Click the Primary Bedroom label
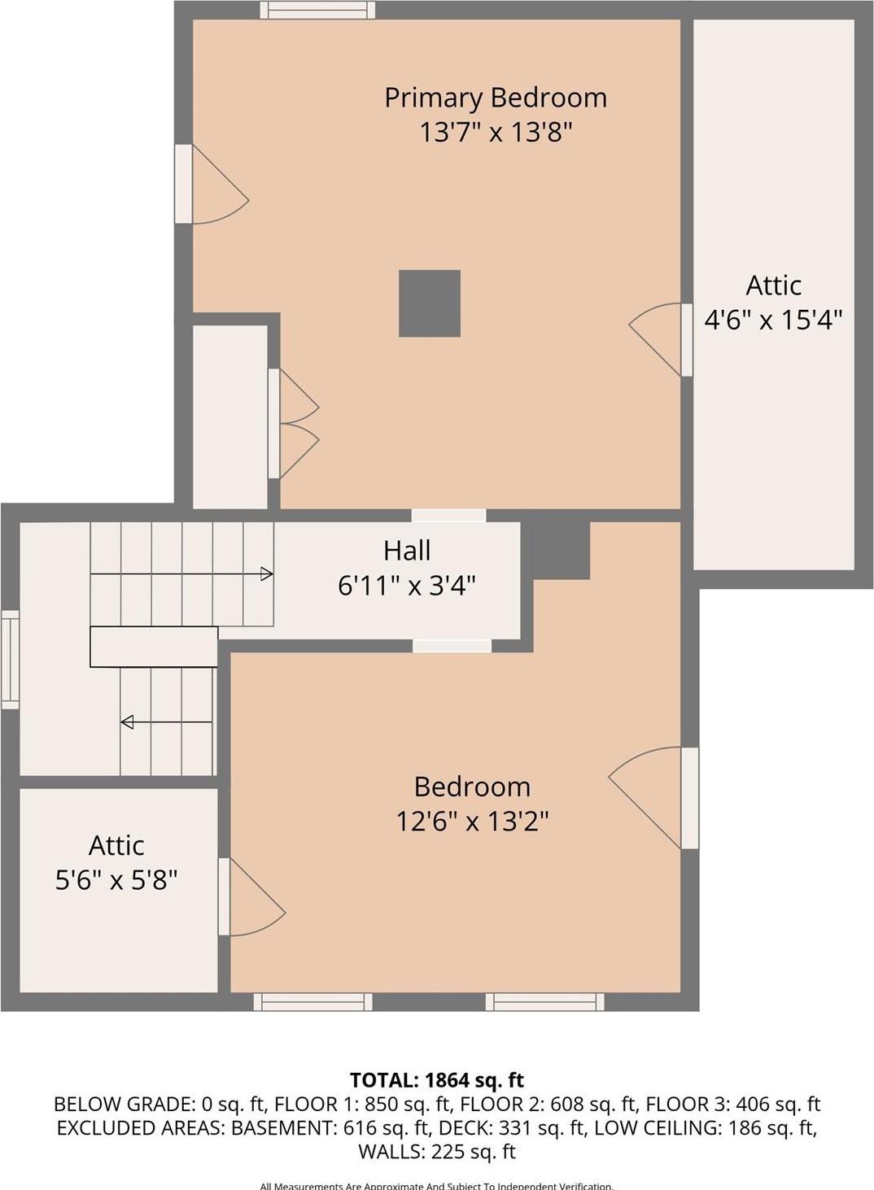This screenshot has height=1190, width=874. coord(496,98)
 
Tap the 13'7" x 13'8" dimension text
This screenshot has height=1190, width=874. coord(496,132)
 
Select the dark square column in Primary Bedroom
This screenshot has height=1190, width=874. coord(430,303)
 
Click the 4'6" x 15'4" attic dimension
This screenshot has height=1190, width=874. coord(772,320)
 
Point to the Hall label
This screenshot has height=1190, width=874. coord(407,551)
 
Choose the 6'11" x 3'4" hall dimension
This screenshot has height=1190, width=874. coord(407,585)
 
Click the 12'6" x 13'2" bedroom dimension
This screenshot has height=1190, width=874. coord(472,822)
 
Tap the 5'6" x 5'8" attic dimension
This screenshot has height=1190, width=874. coord(116,879)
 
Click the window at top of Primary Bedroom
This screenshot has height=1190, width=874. coord(317,10)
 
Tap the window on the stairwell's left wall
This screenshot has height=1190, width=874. coord(10,659)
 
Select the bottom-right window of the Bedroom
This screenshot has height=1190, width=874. coord(544,1001)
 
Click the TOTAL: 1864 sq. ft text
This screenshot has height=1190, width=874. coord(437,1080)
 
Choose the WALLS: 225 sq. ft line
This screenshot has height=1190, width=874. coord(437,1152)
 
